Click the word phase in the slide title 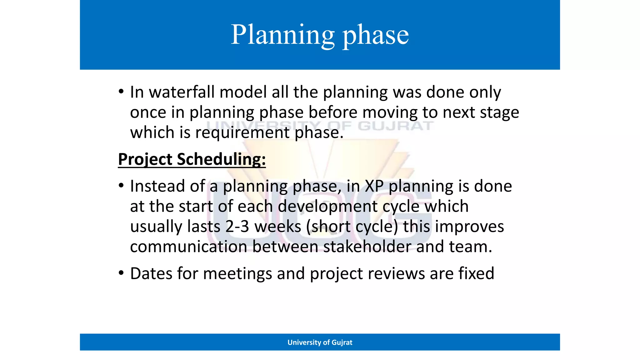[x=376, y=35]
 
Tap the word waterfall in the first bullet [x=182, y=92]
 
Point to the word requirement [x=242, y=132]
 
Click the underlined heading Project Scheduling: [x=192, y=159]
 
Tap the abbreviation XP [x=374, y=186]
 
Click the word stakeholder [x=367, y=247]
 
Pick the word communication [x=189, y=247]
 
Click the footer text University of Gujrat [x=320, y=342]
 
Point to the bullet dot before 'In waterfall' [x=121, y=92]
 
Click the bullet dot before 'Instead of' [x=121, y=186]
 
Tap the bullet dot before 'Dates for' [x=121, y=273]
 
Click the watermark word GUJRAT [x=396, y=126]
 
